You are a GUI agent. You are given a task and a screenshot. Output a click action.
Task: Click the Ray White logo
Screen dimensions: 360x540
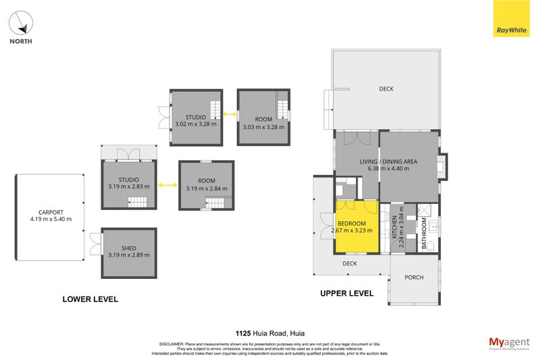tap(511, 18)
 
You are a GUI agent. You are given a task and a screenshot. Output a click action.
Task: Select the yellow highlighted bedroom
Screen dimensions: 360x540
tap(357, 226)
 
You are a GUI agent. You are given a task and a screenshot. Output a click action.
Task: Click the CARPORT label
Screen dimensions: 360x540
tap(51, 212)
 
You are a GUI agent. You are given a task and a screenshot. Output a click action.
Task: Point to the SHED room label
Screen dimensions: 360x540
tap(128, 249)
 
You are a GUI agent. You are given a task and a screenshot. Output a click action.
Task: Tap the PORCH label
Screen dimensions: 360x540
tap(414, 278)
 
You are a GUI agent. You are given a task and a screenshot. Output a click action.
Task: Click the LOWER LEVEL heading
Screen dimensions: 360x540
tap(90, 299)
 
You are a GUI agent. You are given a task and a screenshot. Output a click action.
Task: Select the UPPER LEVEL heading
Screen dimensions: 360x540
tap(346, 294)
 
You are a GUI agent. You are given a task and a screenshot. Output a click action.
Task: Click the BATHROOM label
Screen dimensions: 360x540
tap(424, 234)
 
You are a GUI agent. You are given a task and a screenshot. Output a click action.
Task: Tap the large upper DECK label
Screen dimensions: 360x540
tap(386, 88)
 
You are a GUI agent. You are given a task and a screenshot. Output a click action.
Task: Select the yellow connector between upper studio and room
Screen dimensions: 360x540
tap(230, 115)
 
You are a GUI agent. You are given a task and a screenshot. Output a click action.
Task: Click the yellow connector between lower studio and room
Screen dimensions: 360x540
tap(167, 184)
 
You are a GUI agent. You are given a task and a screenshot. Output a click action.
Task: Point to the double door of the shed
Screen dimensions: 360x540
tap(95, 245)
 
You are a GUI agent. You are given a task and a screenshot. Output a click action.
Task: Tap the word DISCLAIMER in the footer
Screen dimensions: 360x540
tap(170, 343)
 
